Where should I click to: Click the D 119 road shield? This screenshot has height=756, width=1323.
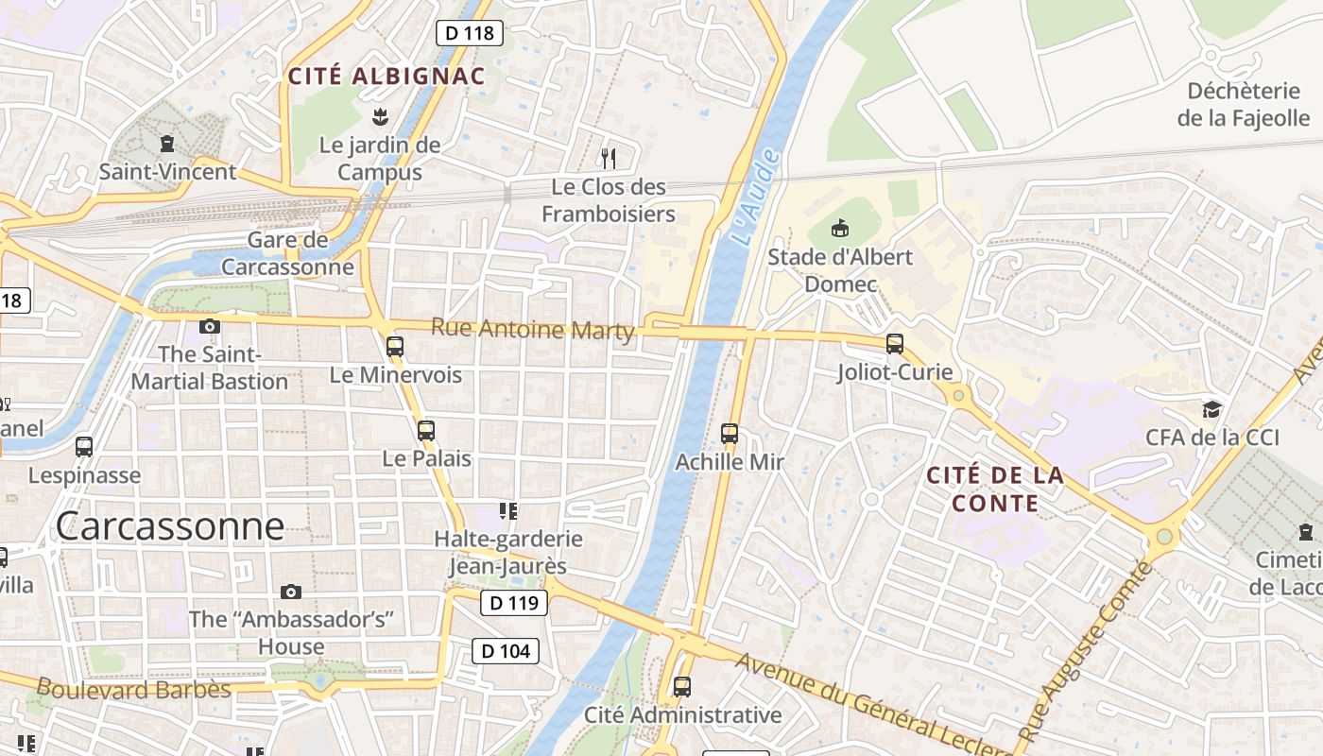pyautogui.click(x=514, y=602)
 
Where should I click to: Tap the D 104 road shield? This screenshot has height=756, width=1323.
pyautogui.click(x=506, y=650)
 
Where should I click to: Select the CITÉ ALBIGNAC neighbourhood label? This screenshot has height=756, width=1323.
pyautogui.click(x=387, y=77)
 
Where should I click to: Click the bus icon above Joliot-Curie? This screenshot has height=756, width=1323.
pyautogui.click(x=895, y=344)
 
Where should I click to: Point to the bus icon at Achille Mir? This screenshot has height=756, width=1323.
pyautogui.click(x=730, y=434)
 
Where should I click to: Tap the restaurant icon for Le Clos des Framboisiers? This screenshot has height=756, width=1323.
pyautogui.click(x=609, y=158)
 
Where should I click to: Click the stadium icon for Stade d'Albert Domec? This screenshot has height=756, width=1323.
pyautogui.click(x=839, y=228)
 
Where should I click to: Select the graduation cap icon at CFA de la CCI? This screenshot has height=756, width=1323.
pyautogui.click(x=1211, y=409)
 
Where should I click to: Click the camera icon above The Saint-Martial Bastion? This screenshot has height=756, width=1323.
pyautogui.click(x=210, y=327)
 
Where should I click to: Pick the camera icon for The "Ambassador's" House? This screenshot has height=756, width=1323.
pyautogui.click(x=291, y=592)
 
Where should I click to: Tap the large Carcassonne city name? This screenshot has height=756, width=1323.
pyautogui.click(x=170, y=525)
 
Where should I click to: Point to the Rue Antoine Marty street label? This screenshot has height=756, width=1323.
pyautogui.click(x=533, y=329)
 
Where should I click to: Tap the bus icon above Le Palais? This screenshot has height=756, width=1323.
pyautogui.click(x=426, y=431)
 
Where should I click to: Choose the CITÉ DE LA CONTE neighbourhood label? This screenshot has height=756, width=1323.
pyautogui.click(x=995, y=489)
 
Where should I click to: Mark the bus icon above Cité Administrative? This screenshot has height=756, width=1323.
pyautogui.click(x=682, y=687)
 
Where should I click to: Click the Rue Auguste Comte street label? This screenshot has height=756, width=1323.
pyautogui.click(x=1086, y=652)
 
